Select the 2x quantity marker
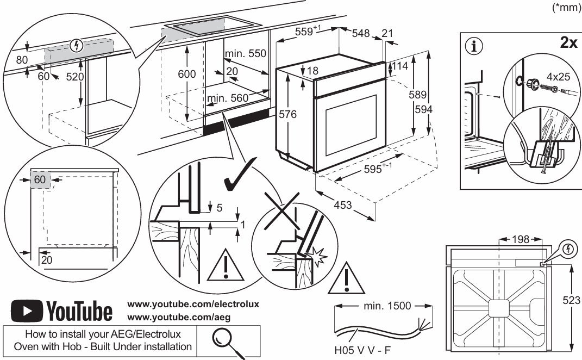coord(568,43)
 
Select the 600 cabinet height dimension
coord(186,75)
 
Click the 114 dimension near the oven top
coord(401,66)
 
